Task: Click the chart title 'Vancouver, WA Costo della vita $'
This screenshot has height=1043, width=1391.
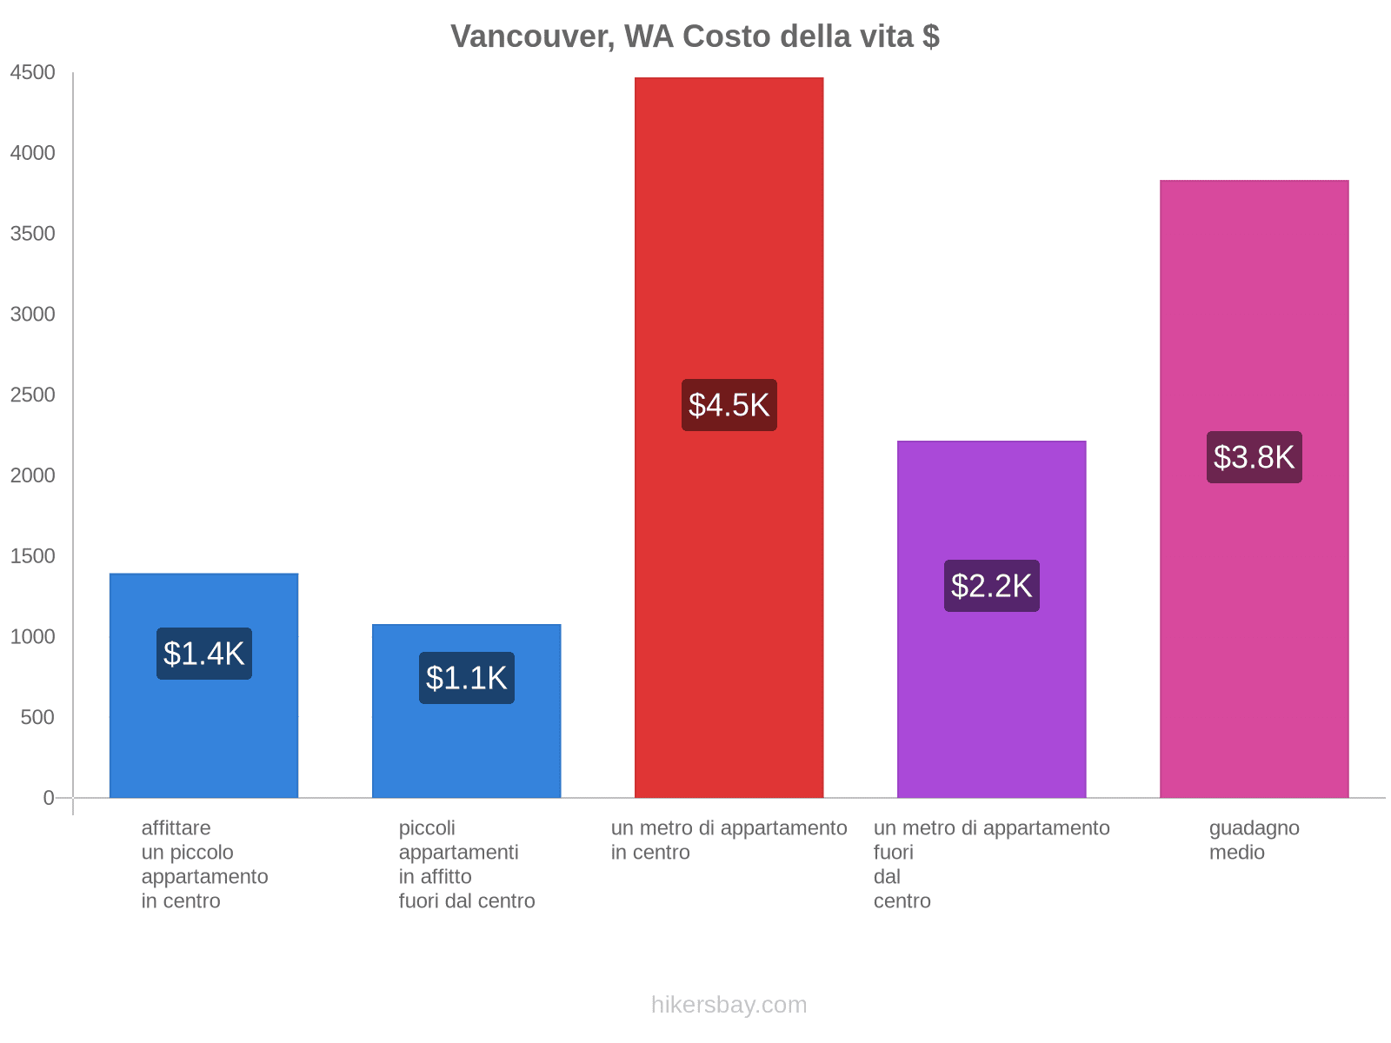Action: click(x=695, y=37)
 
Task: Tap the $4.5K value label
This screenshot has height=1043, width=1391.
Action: click(x=729, y=405)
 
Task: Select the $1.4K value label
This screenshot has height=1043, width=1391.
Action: click(x=204, y=654)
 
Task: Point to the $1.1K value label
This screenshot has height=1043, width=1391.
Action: click(x=467, y=678)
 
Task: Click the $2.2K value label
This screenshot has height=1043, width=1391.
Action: click(x=991, y=586)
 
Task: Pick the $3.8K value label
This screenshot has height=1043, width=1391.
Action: click(x=1254, y=457)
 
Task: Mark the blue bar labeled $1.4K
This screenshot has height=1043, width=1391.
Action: click(x=204, y=739)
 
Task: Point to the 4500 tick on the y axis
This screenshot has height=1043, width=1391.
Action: click(x=33, y=73)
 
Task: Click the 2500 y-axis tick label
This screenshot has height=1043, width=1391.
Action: click(x=33, y=395)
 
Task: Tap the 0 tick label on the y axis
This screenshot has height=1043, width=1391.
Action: click(x=49, y=798)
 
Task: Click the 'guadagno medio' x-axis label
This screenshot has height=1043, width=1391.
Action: click(x=1254, y=840)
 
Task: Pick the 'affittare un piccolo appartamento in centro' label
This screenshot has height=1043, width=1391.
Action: click(x=204, y=865)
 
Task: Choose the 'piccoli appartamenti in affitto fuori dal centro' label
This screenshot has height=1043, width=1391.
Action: click(x=467, y=865)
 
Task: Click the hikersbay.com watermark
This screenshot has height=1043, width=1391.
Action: click(x=729, y=1006)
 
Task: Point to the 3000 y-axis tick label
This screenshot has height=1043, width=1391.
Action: click(x=33, y=315)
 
